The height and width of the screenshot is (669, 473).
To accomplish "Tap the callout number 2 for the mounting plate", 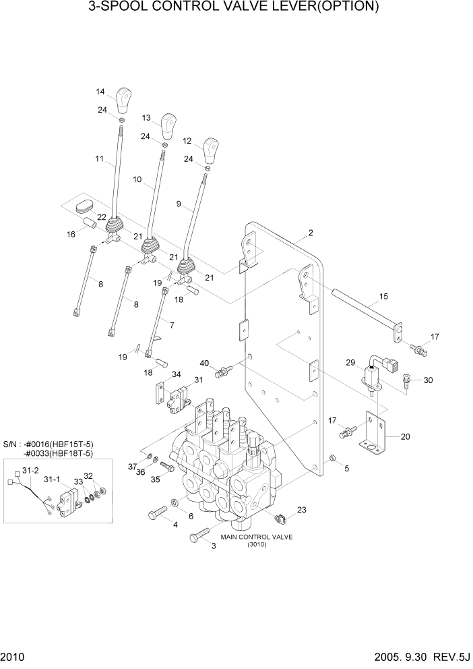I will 311,233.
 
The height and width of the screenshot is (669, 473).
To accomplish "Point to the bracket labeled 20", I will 373,436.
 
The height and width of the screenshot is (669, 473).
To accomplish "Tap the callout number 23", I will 301,511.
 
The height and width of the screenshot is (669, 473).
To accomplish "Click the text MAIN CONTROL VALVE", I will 256,537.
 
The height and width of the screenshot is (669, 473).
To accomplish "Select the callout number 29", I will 350,363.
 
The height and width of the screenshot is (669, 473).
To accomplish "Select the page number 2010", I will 12,656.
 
